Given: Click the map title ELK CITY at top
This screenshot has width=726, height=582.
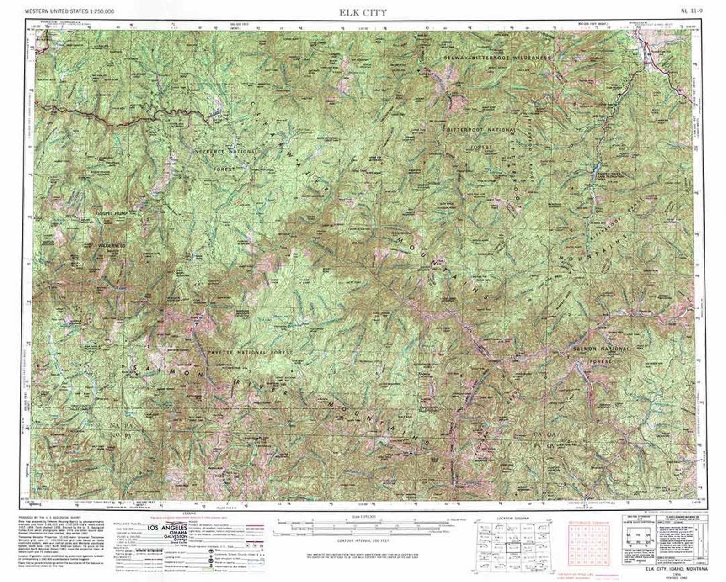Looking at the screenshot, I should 363,12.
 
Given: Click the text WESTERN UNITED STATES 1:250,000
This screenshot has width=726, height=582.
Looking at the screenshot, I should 69,11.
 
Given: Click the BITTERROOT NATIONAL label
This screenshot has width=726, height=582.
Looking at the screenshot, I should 481,130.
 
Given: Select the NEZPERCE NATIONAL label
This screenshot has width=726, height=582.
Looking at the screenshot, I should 227,151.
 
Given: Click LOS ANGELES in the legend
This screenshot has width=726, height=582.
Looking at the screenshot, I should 166,528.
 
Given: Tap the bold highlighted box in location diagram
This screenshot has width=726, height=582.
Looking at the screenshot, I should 514,547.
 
